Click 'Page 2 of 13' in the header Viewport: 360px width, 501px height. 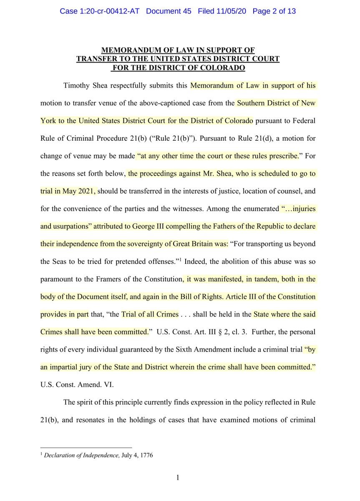274,11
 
